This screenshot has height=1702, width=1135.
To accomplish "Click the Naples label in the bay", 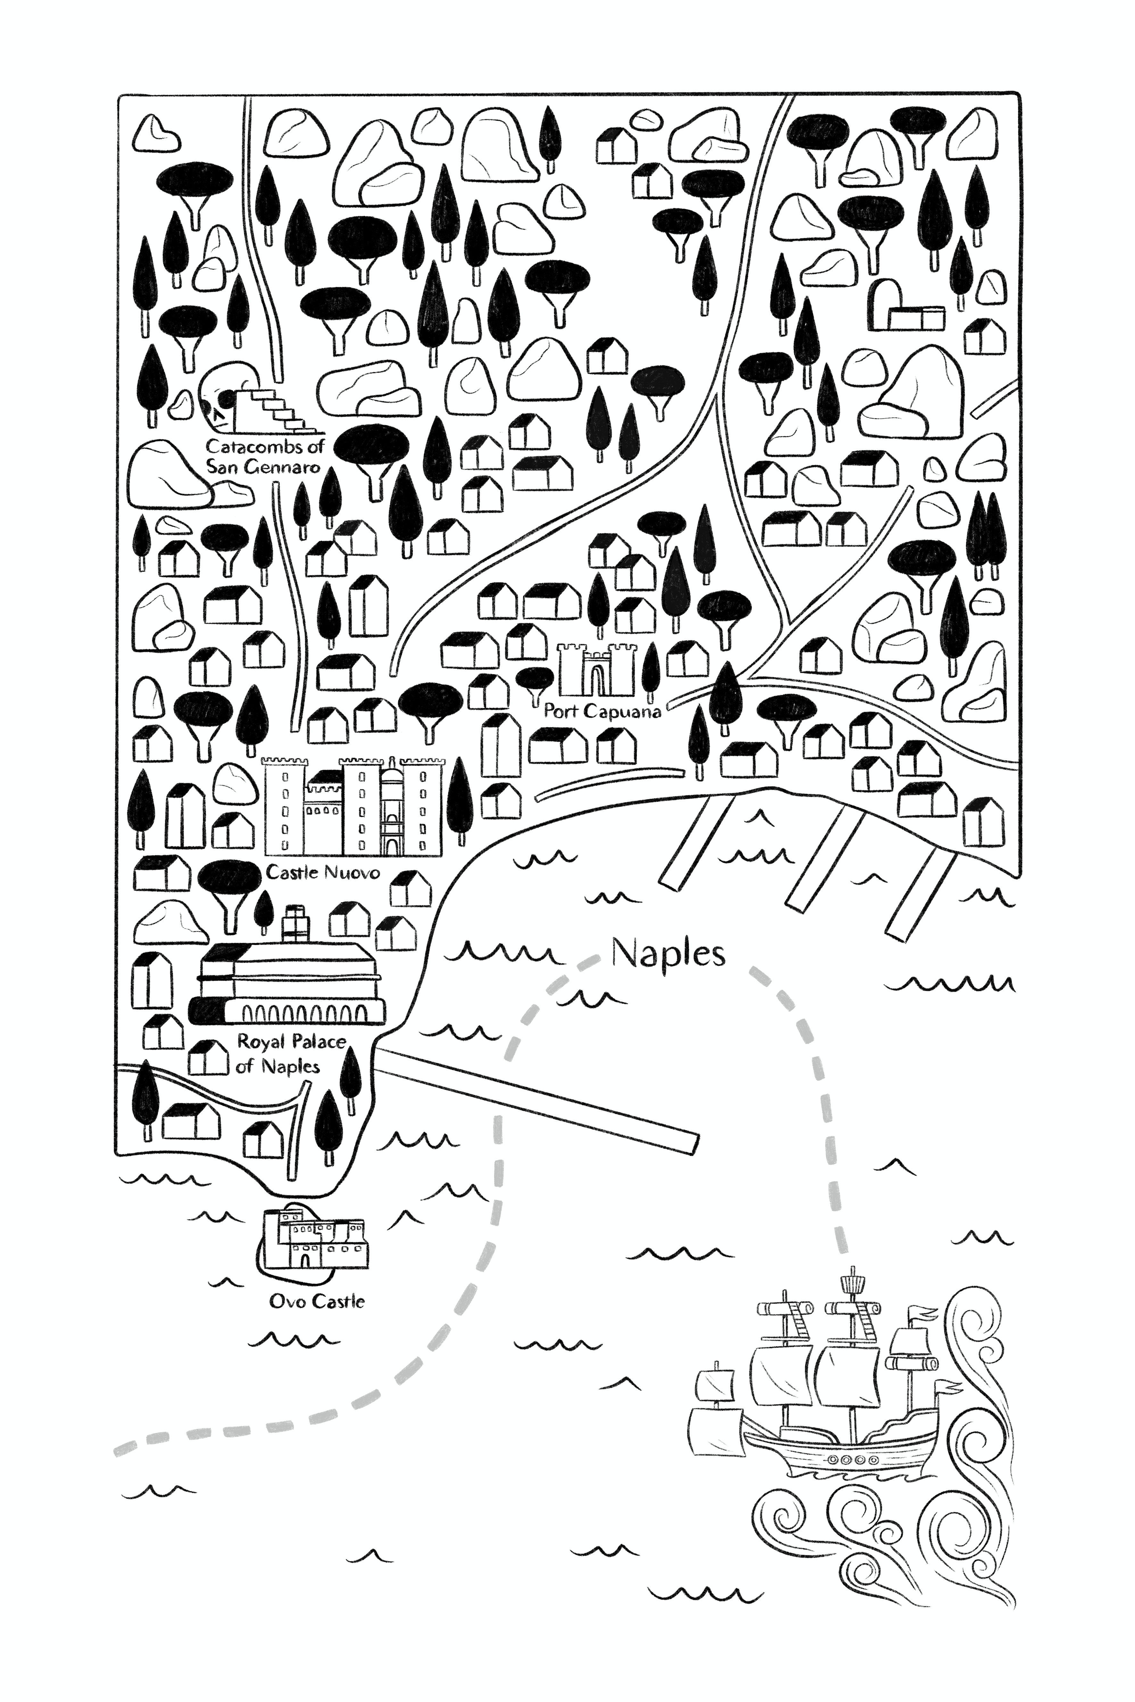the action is pyautogui.click(x=667, y=954).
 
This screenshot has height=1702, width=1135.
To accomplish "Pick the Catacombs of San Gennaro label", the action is pyautogui.click(x=264, y=456).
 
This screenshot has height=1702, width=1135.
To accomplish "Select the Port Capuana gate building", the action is pyautogui.click(x=596, y=669).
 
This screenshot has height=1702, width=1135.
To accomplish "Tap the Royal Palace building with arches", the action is pyautogui.click(x=290, y=984).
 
